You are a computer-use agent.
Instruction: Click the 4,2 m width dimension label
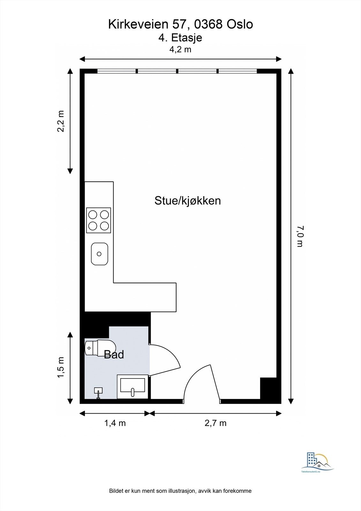(180, 50)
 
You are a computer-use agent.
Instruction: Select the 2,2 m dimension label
(61, 121)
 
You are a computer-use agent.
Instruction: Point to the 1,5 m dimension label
(61, 367)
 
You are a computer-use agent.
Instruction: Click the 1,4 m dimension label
(115, 423)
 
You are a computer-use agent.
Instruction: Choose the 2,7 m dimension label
(215, 423)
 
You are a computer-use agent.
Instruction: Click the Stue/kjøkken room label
(188, 201)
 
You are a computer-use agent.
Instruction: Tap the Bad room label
(114, 355)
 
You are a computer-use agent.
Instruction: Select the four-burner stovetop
(99, 220)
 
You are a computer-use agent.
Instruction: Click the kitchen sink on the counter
(100, 254)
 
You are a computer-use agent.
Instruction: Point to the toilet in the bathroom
(100, 348)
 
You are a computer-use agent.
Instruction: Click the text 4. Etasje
(180, 38)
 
